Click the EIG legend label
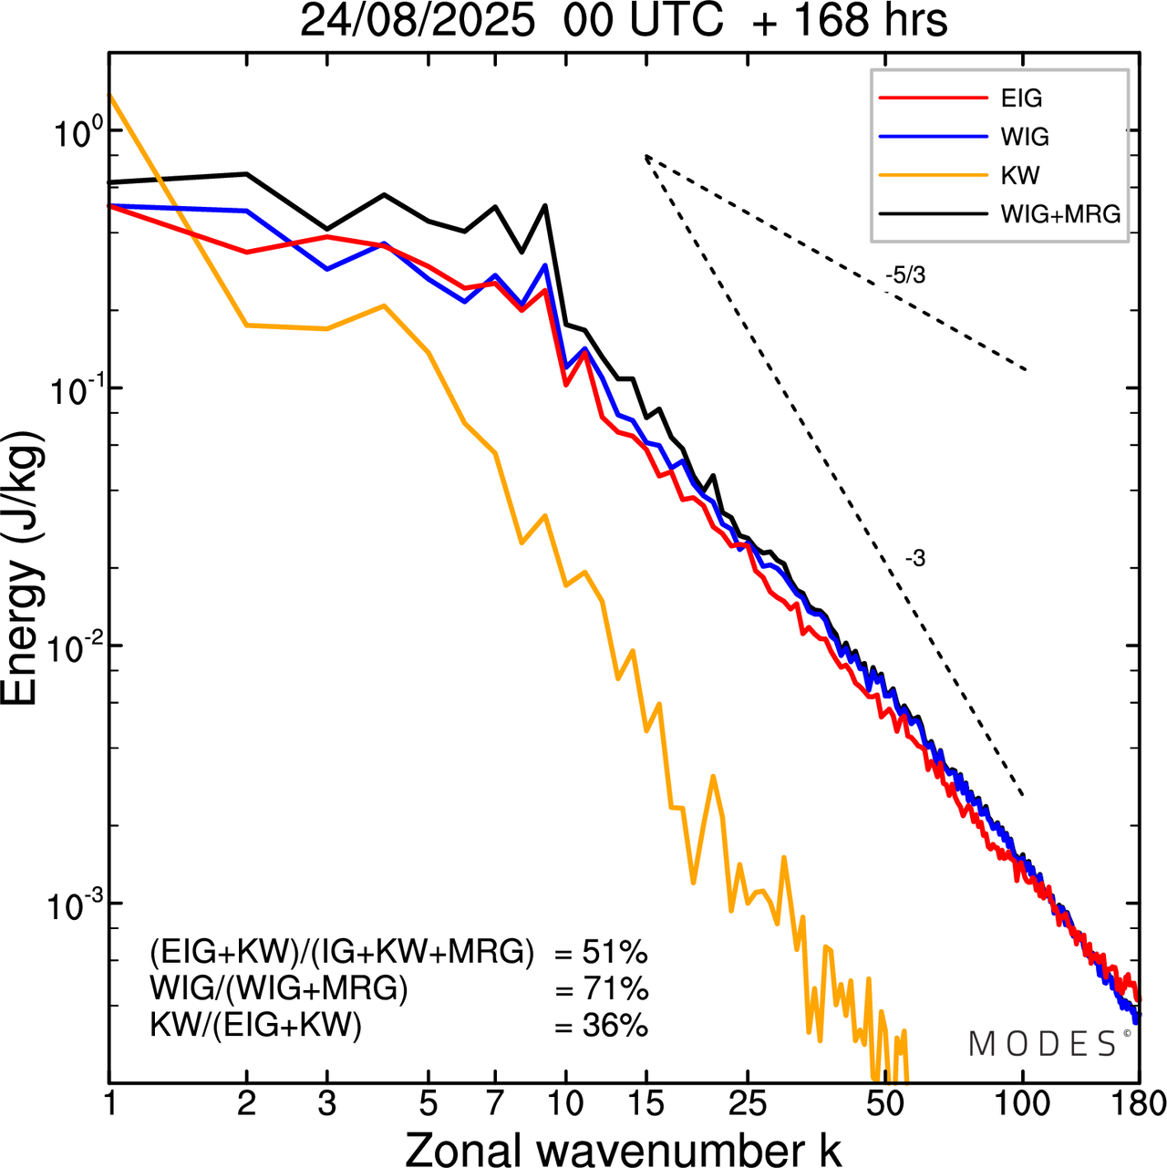click(1021, 98)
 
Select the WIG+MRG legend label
click(1060, 214)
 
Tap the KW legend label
click(1020, 175)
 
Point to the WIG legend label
click(1025, 137)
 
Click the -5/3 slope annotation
click(905, 274)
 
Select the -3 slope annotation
click(915, 559)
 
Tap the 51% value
click(614, 953)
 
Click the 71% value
click(614, 989)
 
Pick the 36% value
click(614, 1026)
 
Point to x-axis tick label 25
click(748, 1104)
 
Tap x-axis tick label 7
click(495, 1104)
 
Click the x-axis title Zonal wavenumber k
click(623, 1149)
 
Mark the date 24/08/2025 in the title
click(417, 22)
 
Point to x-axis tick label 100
click(1023, 1104)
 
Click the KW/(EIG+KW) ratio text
click(256, 1026)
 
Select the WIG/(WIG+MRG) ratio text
click(279, 989)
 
